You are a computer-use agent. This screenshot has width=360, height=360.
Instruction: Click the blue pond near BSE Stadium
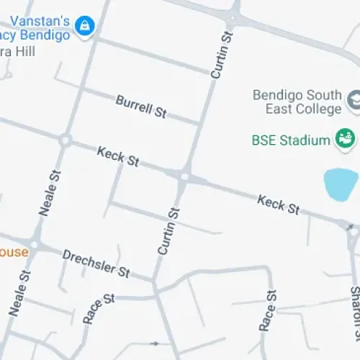point(340,184)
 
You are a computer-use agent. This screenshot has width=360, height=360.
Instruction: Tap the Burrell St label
point(141,106)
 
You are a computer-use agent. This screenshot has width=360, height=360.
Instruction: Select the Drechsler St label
point(96,264)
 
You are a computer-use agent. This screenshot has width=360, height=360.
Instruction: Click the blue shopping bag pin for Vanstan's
point(86,26)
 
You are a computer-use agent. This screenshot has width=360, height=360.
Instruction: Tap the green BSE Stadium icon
point(344,138)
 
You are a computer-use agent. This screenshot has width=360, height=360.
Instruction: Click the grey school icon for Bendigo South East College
point(354,101)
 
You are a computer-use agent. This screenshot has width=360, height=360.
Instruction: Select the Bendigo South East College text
point(297,102)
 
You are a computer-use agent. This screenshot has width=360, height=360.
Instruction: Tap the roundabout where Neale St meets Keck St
point(66,140)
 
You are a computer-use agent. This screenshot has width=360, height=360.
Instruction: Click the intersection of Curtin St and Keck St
point(184,176)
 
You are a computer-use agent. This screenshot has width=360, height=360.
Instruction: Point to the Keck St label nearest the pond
point(279,204)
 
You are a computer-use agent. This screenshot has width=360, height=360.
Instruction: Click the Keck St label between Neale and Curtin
point(118,156)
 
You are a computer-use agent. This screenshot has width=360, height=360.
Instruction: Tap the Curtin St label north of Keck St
point(222,55)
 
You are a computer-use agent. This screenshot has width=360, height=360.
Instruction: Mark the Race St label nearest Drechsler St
point(99,307)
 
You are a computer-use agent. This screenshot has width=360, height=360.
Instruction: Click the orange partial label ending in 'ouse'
point(14,252)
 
